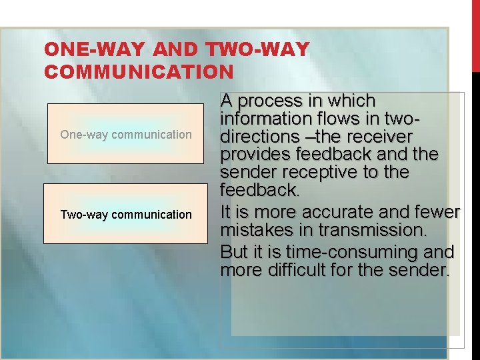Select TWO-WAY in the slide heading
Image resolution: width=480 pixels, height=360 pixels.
pos(259,49)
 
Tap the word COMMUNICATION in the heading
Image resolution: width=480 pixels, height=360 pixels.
pos(139,71)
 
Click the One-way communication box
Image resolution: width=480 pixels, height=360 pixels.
pos(126,134)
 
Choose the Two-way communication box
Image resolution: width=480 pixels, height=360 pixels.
pos(126,215)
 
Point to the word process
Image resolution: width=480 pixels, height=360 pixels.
pos(267,101)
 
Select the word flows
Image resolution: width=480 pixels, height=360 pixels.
pos(336,119)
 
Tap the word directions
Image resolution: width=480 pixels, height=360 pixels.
pos(257,137)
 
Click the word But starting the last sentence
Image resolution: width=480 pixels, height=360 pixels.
pos(234,253)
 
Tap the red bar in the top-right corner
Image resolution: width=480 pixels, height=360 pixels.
pos(475,33)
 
